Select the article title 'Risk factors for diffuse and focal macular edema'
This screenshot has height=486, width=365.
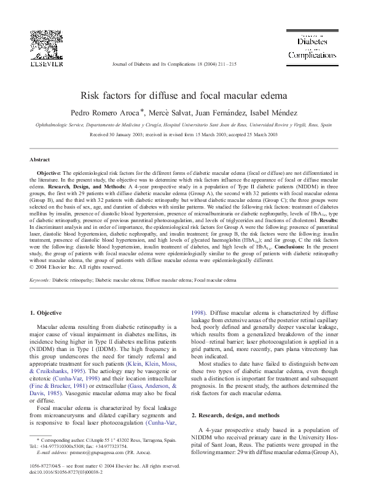[x=182, y=96]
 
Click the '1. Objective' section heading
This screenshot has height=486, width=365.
[x=46, y=314]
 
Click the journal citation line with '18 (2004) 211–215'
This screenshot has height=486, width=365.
[x=175, y=64]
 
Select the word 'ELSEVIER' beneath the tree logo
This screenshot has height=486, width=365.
[x=46, y=63]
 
